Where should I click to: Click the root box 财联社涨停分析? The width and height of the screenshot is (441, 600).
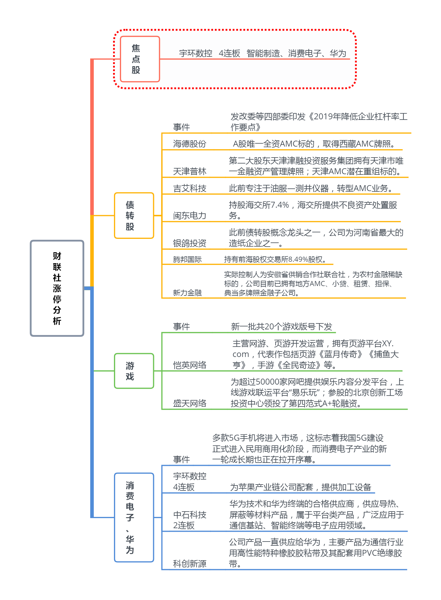tap(57, 288)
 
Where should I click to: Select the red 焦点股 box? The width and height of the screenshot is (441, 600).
tap(140, 59)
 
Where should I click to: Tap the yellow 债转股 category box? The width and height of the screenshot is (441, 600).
tap(134, 215)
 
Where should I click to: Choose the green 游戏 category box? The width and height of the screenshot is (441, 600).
tap(134, 371)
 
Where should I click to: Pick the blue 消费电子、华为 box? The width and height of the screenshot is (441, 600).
tap(134, 517)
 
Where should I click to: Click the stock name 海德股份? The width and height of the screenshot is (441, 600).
tap(190, 144)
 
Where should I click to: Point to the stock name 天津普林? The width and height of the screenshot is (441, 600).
tap(190, 172)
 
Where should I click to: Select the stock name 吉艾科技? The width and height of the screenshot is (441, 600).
tap(190, 188)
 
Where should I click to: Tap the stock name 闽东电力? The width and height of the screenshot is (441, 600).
tap(190, 216)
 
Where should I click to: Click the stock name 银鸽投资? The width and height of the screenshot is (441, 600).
tap(190, 243)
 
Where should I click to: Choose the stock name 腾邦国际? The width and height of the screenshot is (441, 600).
tap(187, 260)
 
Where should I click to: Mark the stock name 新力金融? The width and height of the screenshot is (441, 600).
tap(187, 293)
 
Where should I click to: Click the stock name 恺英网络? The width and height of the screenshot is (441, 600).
tap(190, 365)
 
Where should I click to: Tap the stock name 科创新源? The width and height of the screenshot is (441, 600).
tap(190, 564)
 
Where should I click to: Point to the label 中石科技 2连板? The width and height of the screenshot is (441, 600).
tap(190, 520)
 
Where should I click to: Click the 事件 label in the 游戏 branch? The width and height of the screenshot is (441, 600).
tap(181, 327)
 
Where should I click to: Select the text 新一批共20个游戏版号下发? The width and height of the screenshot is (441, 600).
tap(281, 327)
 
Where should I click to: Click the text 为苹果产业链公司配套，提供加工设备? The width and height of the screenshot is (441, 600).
tap(301, 487)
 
